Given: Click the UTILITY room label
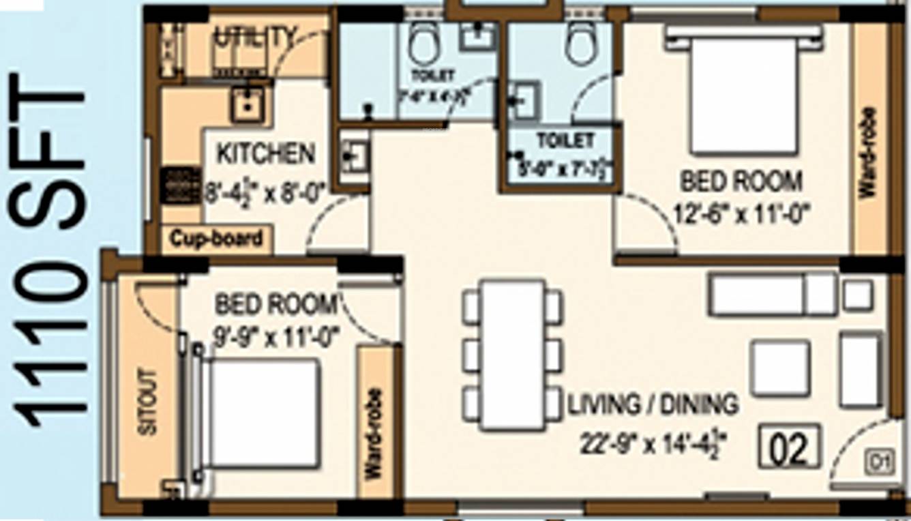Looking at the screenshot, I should click(256, 37).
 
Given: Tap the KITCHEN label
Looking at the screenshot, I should click(266, 153).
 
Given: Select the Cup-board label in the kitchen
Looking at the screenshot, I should click(216, 239).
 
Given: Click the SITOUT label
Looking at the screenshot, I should click(147, 402).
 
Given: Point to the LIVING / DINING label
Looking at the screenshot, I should click(653, 404).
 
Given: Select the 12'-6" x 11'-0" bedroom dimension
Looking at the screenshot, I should click(741, 215).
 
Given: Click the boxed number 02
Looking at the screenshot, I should click(790, 447).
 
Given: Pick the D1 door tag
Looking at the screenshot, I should click(878, 464).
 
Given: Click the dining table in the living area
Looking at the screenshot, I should click(512, 354).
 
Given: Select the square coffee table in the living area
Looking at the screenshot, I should click(780, 368).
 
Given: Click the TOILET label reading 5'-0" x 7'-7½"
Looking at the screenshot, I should click(565, 141).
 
